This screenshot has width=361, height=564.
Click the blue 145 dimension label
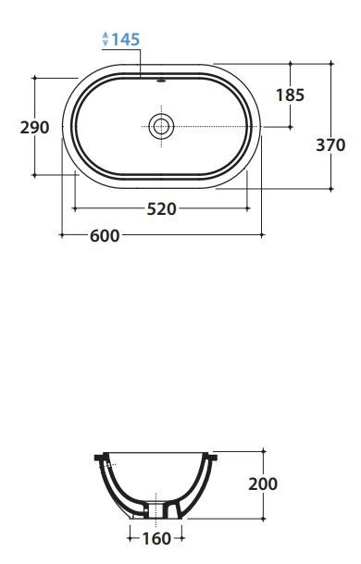[x=126, y=39]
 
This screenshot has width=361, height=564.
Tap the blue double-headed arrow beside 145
[x=106, y=39]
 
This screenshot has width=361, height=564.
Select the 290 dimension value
[x=34, y=128]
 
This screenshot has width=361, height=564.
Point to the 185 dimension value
[x=290, y=95]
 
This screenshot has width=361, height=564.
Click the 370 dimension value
[x=330, y=145]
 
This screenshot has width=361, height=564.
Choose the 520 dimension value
[x=162, y=209]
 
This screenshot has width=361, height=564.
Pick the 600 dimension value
[x=105, y=236]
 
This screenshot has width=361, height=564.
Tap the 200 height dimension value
[x=263, y=483]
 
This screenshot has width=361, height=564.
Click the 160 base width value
[x=156, y=538]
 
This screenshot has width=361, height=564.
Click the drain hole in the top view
[x=161, y=126]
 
